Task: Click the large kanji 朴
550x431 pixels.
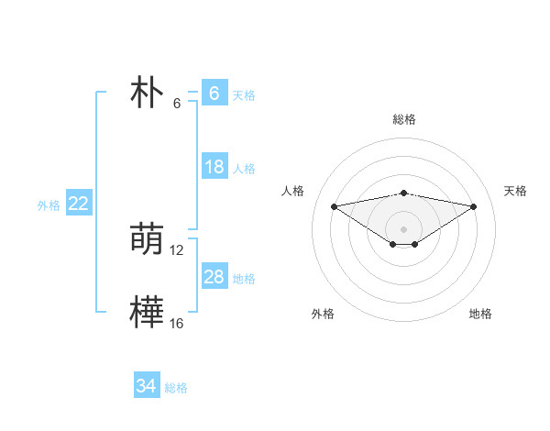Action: pyautogui.click(x=147, y=94)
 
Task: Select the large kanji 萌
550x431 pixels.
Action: pyautogui.click(x=147, y=240)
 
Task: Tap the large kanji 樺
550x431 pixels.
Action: pyautogui.click(x=147, y=313)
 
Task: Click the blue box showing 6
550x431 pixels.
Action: pyautogui.click(x=214, y=94)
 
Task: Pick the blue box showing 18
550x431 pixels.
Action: pyautogui.click(x=214, y=167)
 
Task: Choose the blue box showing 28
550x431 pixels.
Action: pyautogui.click(x=214, y=277)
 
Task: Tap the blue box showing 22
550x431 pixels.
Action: pyautogui.click(x=78, y=204)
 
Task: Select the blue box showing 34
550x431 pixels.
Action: pyautogui.click(x=146, y=386)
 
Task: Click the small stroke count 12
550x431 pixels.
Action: pyautogui.click(x=178, y=250)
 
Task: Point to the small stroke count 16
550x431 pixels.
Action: pyautogui.click(x=177, y=324)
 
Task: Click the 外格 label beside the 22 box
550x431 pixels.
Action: pyautogui.click(x=49, y=205)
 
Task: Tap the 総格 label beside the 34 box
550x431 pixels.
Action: pyautogui.click(x=176, y=388)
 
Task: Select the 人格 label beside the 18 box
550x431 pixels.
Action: pyautogui.click(x=244, y=169)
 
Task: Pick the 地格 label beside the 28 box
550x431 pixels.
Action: pyautogui.click(x=244, y=279)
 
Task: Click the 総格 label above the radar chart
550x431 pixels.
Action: pyautogui.click(x=404, y=119)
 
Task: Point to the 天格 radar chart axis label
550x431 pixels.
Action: pyautogui.click(x=515, y=191)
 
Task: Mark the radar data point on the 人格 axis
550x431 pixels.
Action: pyautogui.click(x=334, y=205)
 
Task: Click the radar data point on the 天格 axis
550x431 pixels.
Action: pyautogui.click(x=474, y=206)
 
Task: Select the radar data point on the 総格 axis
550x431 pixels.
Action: pyautogui.click(x=404, y=193)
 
